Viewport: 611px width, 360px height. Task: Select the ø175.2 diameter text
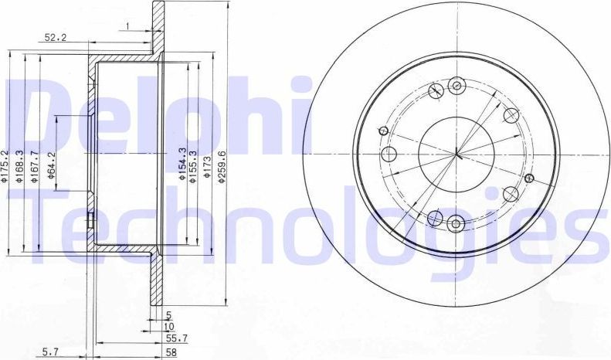tap(6, 166)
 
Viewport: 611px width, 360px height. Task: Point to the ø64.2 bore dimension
tap(51, 165)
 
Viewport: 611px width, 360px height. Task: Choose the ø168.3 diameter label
tap(20, 166)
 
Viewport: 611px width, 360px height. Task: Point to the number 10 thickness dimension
tap(167, 326)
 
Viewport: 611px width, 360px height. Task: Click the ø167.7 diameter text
tap(35, 166)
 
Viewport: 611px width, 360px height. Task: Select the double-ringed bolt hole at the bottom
tap(455, 224)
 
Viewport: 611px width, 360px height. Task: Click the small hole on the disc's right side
tap(529, 178)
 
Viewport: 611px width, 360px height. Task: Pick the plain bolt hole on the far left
tap(389, 155)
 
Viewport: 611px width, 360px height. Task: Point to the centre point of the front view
tap(457, 155)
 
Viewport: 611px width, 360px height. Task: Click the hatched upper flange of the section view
tap(158, 31)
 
